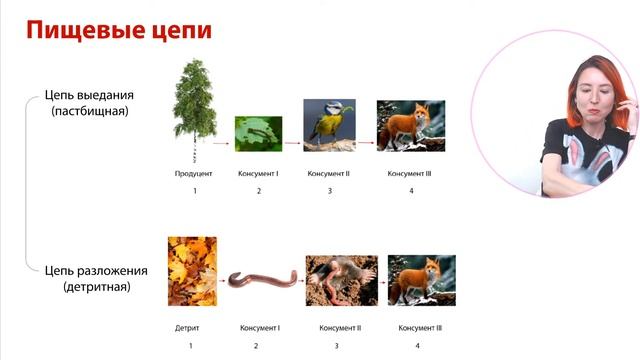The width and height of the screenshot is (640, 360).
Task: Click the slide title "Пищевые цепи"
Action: point(119,29)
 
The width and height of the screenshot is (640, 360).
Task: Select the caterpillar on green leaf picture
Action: point(258,133)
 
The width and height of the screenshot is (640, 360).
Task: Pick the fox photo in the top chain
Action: point(410,125)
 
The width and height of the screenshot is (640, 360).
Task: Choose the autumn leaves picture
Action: point(192,270)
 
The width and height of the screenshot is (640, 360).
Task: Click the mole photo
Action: point(341,280)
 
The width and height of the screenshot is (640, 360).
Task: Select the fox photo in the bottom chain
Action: point(421,280)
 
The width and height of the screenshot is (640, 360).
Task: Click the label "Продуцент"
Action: point(194,173)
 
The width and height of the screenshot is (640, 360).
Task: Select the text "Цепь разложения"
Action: point(96,271)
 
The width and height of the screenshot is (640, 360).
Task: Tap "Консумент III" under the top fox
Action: point(411,173)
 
